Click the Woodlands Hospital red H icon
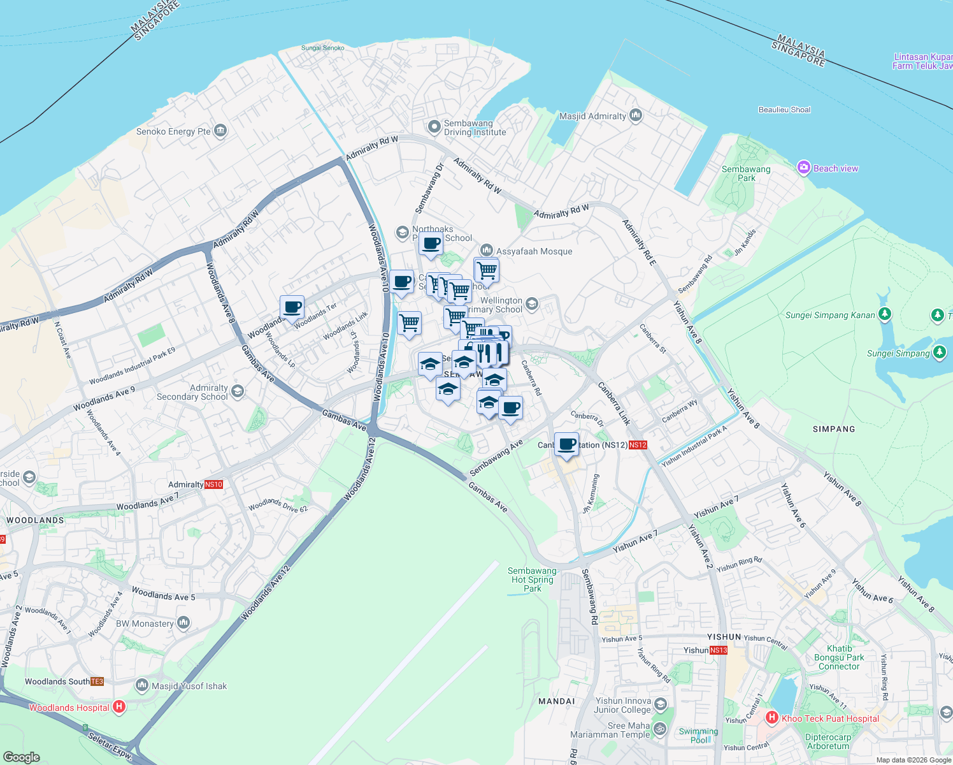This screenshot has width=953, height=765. pos(118,706)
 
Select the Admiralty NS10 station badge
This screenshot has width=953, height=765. pos(213,484)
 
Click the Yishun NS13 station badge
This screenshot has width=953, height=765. pos(718,650)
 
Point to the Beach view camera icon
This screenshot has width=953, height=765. pos(803,168)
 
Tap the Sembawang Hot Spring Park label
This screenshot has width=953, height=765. pos(532,579)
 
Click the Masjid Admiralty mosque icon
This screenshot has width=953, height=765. pos(635,115)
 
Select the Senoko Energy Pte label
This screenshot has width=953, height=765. pos(173,131)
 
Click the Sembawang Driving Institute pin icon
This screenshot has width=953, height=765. pos(434,126)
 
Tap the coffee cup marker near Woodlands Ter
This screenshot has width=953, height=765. pos(292,307)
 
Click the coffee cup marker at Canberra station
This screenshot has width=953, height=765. pos(566,444)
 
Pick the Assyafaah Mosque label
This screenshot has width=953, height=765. pos(534,251)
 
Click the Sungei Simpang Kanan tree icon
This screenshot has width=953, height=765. pos(884,314)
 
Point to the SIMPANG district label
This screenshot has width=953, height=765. pos(834,429)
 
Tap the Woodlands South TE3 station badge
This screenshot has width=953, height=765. pos(97,681)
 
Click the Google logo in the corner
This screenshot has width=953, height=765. pos(22,757)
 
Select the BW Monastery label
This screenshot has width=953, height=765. pos(145,623)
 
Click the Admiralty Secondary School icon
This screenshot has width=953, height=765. pos(238,391)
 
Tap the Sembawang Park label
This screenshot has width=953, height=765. pos(746,173)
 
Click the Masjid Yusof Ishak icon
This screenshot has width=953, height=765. pos(142,685)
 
